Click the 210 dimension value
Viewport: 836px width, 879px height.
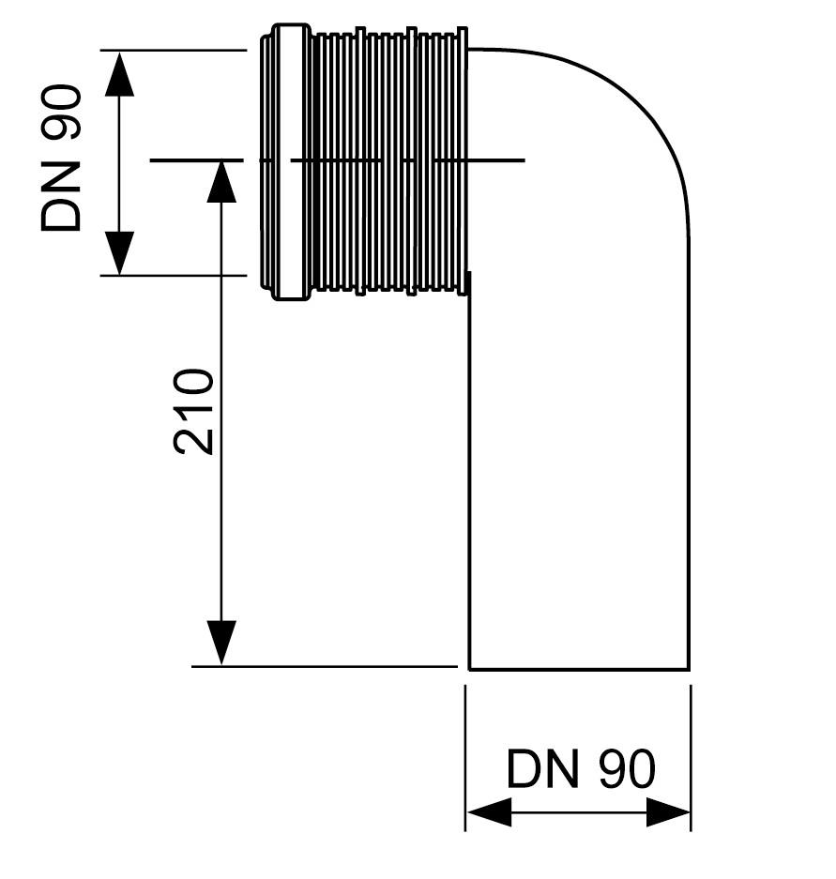(194, 411)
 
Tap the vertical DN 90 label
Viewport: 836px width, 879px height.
(61, 158)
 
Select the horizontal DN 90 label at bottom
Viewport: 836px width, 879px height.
(580, 768)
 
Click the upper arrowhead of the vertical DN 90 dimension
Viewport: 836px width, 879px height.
(119, 73)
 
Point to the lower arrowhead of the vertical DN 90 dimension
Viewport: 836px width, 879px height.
(119, 253)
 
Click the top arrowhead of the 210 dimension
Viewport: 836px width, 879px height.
(220, 182)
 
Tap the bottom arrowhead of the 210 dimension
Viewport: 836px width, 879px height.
(220, 643)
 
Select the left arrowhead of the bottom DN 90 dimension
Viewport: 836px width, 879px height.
(489, 811)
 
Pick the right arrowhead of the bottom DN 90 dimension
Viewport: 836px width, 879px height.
(668, 811)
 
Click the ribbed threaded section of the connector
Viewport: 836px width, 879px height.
(389, 162)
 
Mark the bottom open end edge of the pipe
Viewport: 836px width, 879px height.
(579, 669)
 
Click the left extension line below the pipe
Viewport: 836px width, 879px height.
(465, 757)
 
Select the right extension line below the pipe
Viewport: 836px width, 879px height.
(691, 757)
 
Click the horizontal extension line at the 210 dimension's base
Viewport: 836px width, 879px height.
(325, 667)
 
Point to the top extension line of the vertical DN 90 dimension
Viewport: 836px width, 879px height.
(174, 51)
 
